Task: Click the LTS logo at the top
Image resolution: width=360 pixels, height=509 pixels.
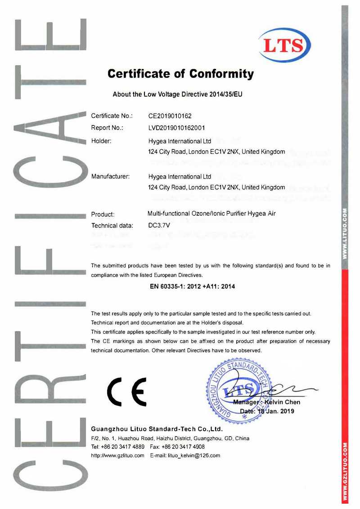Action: pyautogui.click(x=284, y=45)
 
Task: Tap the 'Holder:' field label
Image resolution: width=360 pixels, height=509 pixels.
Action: pyautogui.click(x=101, y=141)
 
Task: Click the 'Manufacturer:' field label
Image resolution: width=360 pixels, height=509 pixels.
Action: pyautogui.click(x=110, y=176)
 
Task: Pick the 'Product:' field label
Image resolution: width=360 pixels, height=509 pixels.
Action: pyautogui.click(x=103, y=214)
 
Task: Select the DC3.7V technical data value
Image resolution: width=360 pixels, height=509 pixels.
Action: pyautogui.click(x=158, y=225)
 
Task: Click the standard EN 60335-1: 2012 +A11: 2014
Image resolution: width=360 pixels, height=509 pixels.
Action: pyautogui.click(x=192, y=286)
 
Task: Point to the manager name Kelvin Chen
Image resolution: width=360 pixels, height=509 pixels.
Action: pyautogui.click(x=282, y=402)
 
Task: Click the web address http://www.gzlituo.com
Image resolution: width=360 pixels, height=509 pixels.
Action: pyautogui.click(x=117, y=455)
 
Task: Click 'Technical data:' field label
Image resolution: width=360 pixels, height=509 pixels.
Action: pyautogui.click(x=112, y=226)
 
